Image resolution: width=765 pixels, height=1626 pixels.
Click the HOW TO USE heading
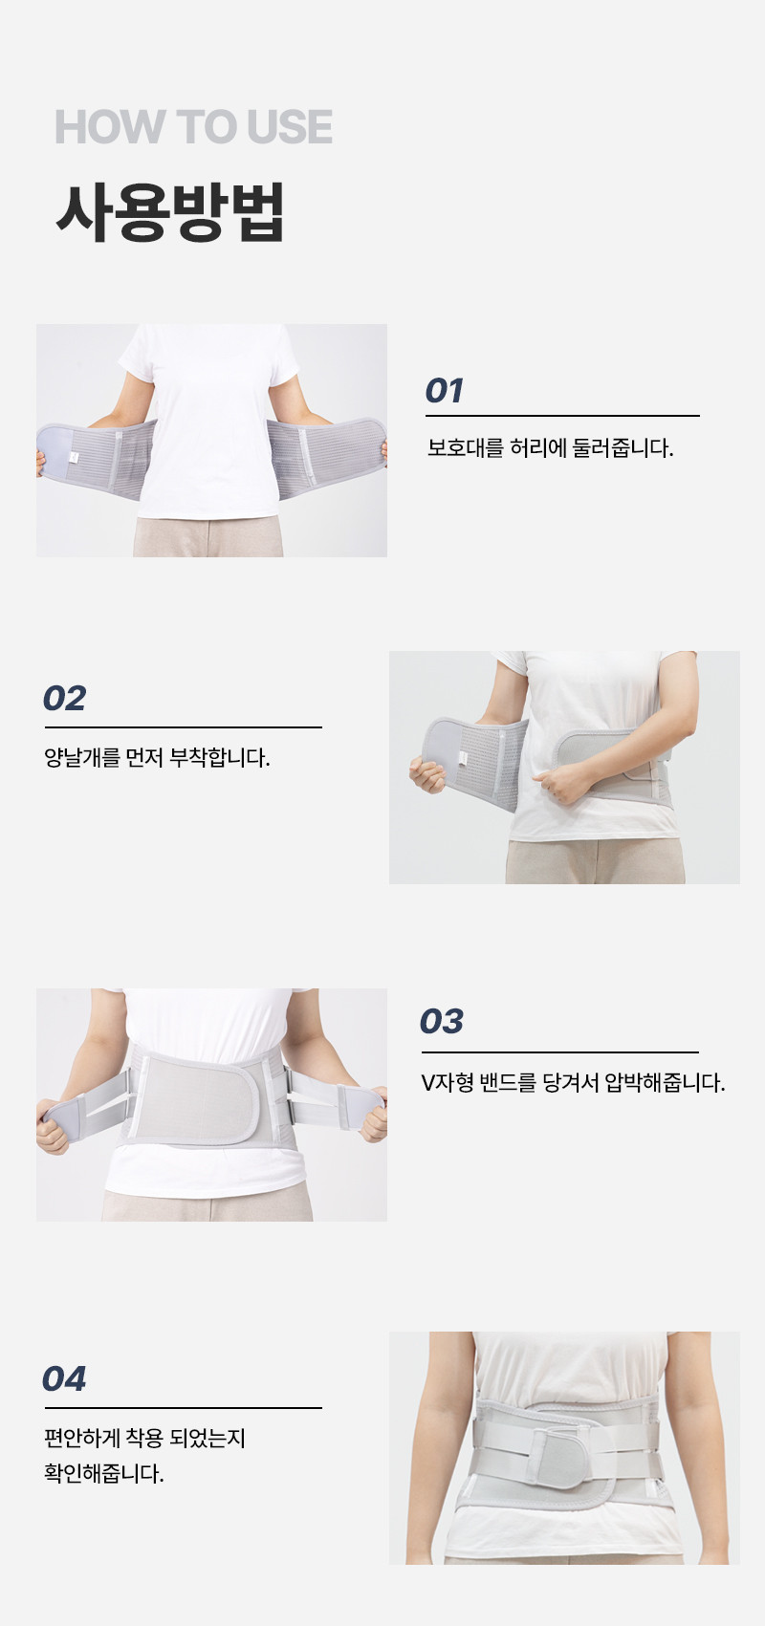(x=193, y=127)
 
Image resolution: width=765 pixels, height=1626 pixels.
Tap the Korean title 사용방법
(x=170, y=212)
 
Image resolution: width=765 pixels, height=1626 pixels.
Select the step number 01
(x=444, y=391)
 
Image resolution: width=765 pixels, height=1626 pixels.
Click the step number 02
(x=64, y=699)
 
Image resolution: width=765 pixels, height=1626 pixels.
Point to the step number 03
(x=442, y=1021)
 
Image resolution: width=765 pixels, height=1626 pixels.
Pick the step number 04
(x=64, y=1378)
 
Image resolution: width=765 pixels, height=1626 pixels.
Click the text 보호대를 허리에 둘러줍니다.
(x=550, y=448)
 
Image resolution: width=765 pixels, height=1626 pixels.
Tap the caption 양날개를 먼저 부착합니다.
(x=157, y=758)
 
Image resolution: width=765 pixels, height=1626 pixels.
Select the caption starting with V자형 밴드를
(x=573, y=1083)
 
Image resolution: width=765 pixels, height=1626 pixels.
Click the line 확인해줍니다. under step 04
(x=104, y=1474)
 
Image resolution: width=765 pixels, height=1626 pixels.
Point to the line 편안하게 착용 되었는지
(x=145, y=1438)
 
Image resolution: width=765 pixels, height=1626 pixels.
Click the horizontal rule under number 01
(x=562, y=416)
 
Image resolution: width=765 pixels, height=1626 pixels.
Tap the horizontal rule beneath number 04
(x=183, y=1408)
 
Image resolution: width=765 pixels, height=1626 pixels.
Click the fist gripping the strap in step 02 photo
(x=557, y=784)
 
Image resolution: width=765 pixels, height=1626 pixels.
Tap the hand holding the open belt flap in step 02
(x=426, y=773)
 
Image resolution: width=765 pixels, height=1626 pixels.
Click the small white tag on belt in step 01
(x=74, y=456)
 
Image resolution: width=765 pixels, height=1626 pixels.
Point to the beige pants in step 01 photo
(x=208, y=537)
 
